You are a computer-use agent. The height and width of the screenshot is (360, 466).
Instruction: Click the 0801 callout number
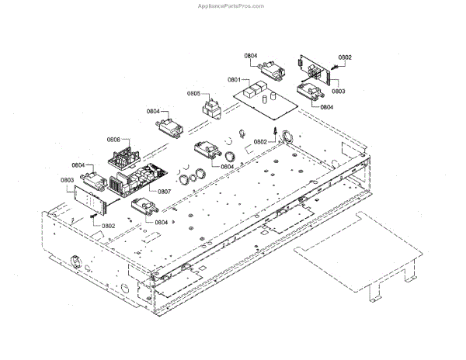[235, 80]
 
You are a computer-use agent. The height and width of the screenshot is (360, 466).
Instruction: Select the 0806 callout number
[113, 140]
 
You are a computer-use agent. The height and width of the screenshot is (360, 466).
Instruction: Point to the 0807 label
[165, 191]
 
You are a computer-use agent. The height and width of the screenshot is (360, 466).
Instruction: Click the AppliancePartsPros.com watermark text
[232, 5]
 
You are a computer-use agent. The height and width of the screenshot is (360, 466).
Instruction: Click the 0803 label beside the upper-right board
[339, 92]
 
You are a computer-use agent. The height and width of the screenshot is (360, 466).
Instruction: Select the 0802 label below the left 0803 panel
[108, 226]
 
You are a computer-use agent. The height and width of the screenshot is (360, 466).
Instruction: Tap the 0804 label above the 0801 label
[251, 57]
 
